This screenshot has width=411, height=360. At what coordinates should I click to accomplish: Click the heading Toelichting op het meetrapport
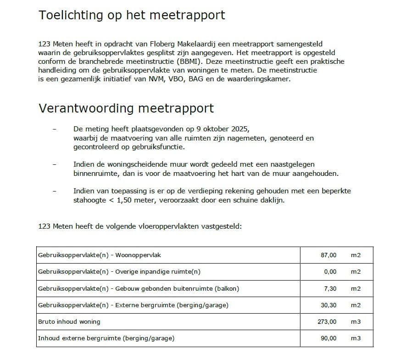(132, 15)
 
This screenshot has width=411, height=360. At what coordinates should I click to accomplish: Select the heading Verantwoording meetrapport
(126, 108)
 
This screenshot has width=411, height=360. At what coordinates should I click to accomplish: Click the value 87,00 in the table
(328, 255)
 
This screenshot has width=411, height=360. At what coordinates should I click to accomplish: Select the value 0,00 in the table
(330, 272)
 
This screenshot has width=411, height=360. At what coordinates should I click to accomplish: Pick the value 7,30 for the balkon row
(330, 288)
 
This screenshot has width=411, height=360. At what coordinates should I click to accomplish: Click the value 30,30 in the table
(328, 305)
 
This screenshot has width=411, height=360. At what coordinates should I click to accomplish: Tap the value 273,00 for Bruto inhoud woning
(327, 321)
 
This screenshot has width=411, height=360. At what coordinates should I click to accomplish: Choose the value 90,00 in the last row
(328, 338)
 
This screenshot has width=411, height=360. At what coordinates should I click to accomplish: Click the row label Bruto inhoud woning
(69, 321)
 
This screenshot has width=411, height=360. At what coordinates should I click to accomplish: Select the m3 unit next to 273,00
(356, 321)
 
